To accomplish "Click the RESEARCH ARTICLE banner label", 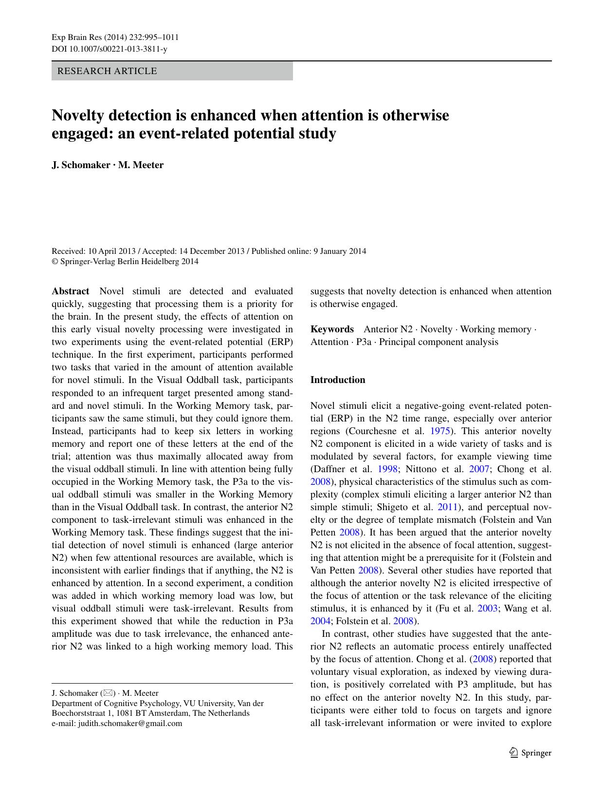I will click(107, 71).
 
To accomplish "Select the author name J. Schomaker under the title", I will click(81, 165).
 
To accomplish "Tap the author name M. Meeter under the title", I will click(141, 165).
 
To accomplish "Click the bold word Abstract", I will click(71, 291).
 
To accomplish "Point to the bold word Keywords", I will click(332, 329).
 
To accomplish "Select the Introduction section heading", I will click(338, 380).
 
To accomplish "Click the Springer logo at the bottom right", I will click(530, 753).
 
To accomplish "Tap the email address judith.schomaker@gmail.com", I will click(130, 723).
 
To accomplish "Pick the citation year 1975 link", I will click(439, 431).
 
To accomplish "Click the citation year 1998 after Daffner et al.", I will click(387, 469).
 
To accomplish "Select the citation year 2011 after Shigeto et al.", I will click(447, 507).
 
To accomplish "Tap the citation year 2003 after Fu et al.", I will click(487, 609).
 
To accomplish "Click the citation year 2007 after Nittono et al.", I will click(479, 469).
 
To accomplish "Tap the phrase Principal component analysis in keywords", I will click(439, 342).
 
